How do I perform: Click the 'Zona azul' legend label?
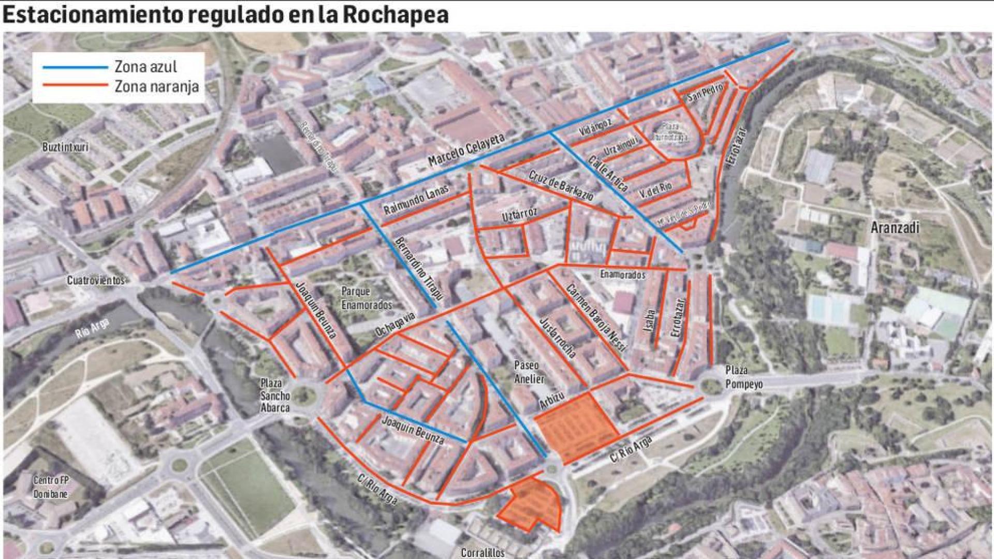[x=145, y=67]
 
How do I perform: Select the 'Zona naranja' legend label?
[x=156, y=86]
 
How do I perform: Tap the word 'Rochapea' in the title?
[x=396, y=15]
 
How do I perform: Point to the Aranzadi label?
[x=895, y=227]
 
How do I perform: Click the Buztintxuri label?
[x=65, y=148]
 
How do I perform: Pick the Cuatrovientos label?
[x=96, y=281]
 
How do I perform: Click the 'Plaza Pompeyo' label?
[x=743, y=377]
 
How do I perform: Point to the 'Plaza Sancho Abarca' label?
[x=275, y=395]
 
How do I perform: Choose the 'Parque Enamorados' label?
[x=367, y=298]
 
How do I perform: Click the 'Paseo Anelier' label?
[x=529, y=372]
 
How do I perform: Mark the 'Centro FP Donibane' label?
[x=50, y=487]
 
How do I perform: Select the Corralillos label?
[x=483, y=553]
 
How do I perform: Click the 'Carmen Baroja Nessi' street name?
[x=596, y=318]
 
